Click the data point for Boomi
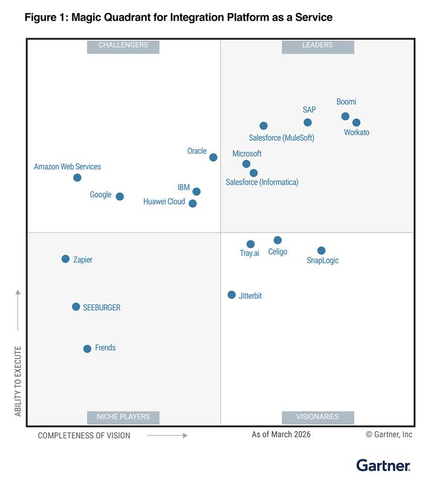click(345, 116)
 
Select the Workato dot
click(357, 123)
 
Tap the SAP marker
click(308, 123)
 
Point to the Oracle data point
click(213, 158)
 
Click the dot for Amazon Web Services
click(77, 178)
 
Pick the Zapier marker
click(65, 259)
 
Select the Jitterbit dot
click(231, 295)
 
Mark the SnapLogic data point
click(322, 251)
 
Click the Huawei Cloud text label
click(164, 202)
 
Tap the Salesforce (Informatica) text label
click(262, 182)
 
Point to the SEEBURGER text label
click(102, 307)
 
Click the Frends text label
click(105, 348)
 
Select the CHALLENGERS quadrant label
click(123, 45)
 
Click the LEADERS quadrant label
click(317, 45)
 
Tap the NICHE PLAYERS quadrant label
click(123, 417)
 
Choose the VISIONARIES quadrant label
click(317, 417)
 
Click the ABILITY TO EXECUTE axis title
click(18, 381)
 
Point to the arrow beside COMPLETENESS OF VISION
click(167, 435)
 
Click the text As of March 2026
click(281, 435)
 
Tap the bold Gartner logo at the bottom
click(383, 465)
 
